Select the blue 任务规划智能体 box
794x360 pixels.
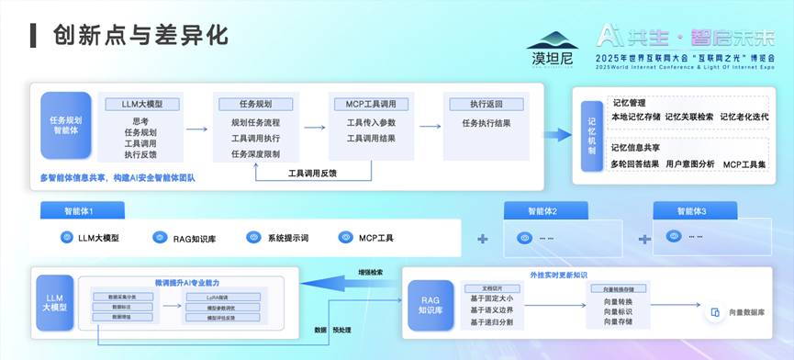click(x=66, y=126)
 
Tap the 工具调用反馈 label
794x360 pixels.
click(x=312, y=173)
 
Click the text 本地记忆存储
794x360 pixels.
click(x=635, y=117)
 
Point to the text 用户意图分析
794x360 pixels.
click(x=688, y=164)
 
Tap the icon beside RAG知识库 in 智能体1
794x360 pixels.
click(x=156, y=238)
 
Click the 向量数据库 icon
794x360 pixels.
click(x=714, y=313)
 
